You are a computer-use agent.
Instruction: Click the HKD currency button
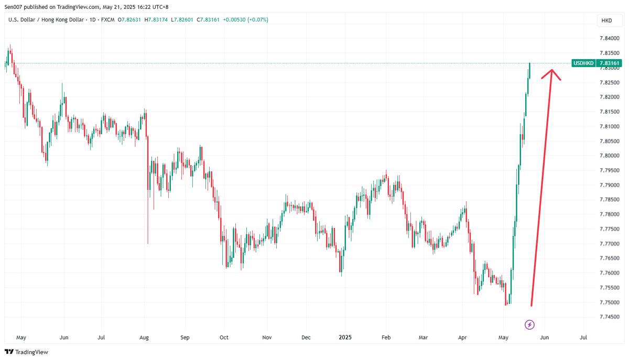click(606, 20)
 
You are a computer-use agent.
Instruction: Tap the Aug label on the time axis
click(145, 337)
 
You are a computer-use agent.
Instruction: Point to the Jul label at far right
click(584, 337)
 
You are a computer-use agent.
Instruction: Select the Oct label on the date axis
click(224, 337)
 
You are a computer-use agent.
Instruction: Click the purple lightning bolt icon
click(530, 325)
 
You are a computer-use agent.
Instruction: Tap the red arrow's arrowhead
click(550, 73)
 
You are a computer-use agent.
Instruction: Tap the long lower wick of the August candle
click(148, 225)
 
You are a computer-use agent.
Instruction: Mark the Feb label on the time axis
click(386, 337)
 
